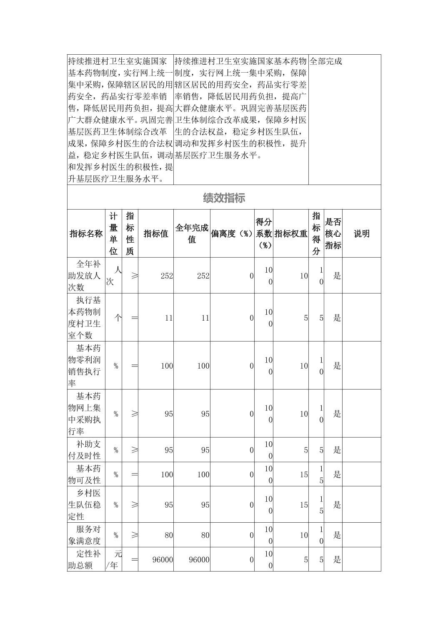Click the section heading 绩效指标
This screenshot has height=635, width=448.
tap(224, 198)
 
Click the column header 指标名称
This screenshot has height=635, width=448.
tap(86, 234)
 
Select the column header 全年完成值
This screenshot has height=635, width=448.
tap(192, 234)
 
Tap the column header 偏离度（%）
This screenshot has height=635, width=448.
tap(232, 234)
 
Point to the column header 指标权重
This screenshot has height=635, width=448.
tap(291, 234)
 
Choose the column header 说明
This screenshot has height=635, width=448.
tap(361, 234)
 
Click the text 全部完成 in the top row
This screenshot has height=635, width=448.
tap(326, 61)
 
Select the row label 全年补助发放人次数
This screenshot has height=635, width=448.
tap(86, 276)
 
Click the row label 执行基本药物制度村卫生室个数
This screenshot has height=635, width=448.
tap(86, 318)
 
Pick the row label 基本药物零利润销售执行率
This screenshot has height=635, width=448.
tap(86, 366)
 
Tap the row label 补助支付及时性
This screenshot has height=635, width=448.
tap(86, 450)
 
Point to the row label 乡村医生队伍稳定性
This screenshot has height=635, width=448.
tap(86, 505)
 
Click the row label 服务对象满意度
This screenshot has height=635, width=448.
tap(86, 535)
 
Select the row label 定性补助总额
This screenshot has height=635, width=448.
tap(86, 560)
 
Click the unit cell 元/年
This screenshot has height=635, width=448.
tap(113, 560)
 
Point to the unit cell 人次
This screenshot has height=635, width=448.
tap(113, 276)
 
